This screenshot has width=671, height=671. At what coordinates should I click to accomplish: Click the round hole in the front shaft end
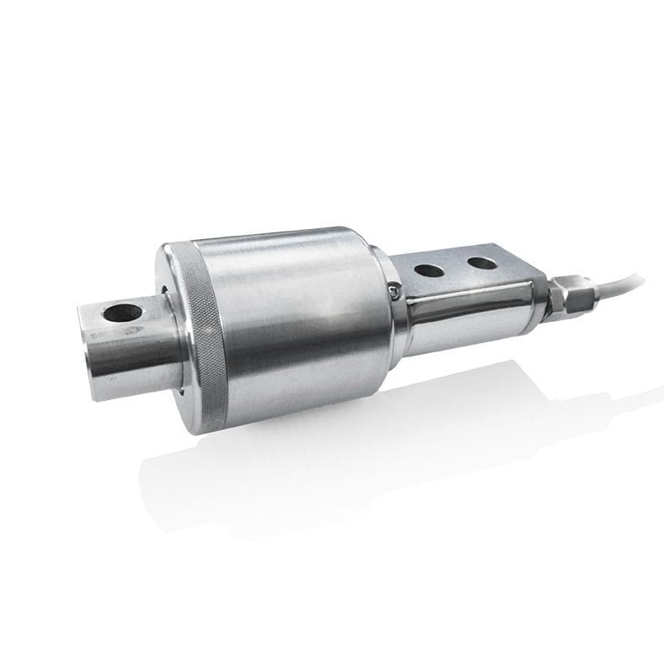pos(122,314)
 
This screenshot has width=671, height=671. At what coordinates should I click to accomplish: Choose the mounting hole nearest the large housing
pos(429,270)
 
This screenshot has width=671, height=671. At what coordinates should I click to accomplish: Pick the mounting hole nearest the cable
pos(481,263)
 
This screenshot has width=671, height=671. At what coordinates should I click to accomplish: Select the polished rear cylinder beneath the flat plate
pos(470,315)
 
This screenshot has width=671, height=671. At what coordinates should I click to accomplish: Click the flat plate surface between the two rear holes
pos(455,267)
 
